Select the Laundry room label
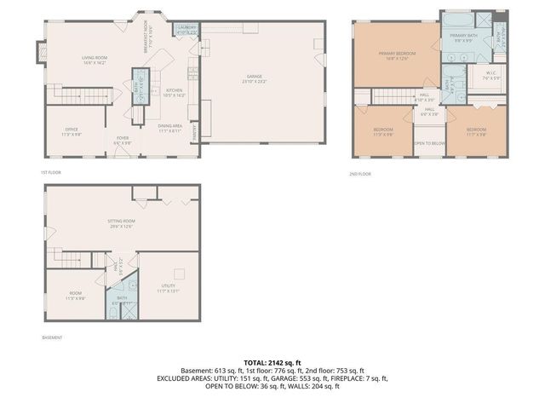(x=186, y=29)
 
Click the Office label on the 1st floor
(x=71, y=132)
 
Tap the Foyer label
(x=123, y=140)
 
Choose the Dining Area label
(x=170, y=129)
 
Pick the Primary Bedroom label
(x=397, y=55)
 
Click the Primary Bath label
(x=463, y=37)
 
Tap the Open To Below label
(x=428, y=143)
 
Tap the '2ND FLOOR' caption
(x=359, y=174)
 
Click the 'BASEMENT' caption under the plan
(x=52, y=338)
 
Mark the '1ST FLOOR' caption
(x=50, y=173)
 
